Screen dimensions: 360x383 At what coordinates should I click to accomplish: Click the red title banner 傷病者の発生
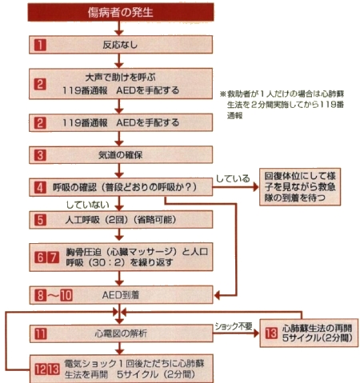[121, 12]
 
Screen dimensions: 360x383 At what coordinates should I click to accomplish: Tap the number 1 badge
[40, 45]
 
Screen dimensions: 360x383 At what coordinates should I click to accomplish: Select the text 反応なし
[120, 45]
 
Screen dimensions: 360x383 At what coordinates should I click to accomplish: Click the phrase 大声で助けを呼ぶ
[121, 78]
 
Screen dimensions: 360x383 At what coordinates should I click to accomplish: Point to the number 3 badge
[40, 155]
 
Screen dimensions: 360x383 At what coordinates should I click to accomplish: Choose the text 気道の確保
[121, 155]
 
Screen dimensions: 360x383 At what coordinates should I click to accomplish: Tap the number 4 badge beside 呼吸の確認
[40, 187]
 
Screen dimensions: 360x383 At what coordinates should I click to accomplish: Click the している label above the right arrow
[233, 178]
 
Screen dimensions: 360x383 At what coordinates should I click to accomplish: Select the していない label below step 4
[88, 205]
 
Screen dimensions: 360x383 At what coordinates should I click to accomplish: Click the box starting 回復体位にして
[300, 187]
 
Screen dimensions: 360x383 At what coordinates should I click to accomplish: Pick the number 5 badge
[40, 220]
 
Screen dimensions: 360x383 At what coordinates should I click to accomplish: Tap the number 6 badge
[40, 257]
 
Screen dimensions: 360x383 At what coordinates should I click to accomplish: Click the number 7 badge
[54, 257]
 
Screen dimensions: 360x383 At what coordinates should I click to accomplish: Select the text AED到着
[121, 295]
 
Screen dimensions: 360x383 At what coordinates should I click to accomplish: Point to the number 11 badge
[41, 333]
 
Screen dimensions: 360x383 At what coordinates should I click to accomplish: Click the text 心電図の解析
[121, 333]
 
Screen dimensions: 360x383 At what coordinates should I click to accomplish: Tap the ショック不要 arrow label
[234, 326]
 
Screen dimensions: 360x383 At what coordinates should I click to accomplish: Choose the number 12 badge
[41, 369]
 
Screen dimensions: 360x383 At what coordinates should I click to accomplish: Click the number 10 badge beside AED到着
[66, 295]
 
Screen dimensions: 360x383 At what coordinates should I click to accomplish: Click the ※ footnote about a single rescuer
[282, 105]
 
